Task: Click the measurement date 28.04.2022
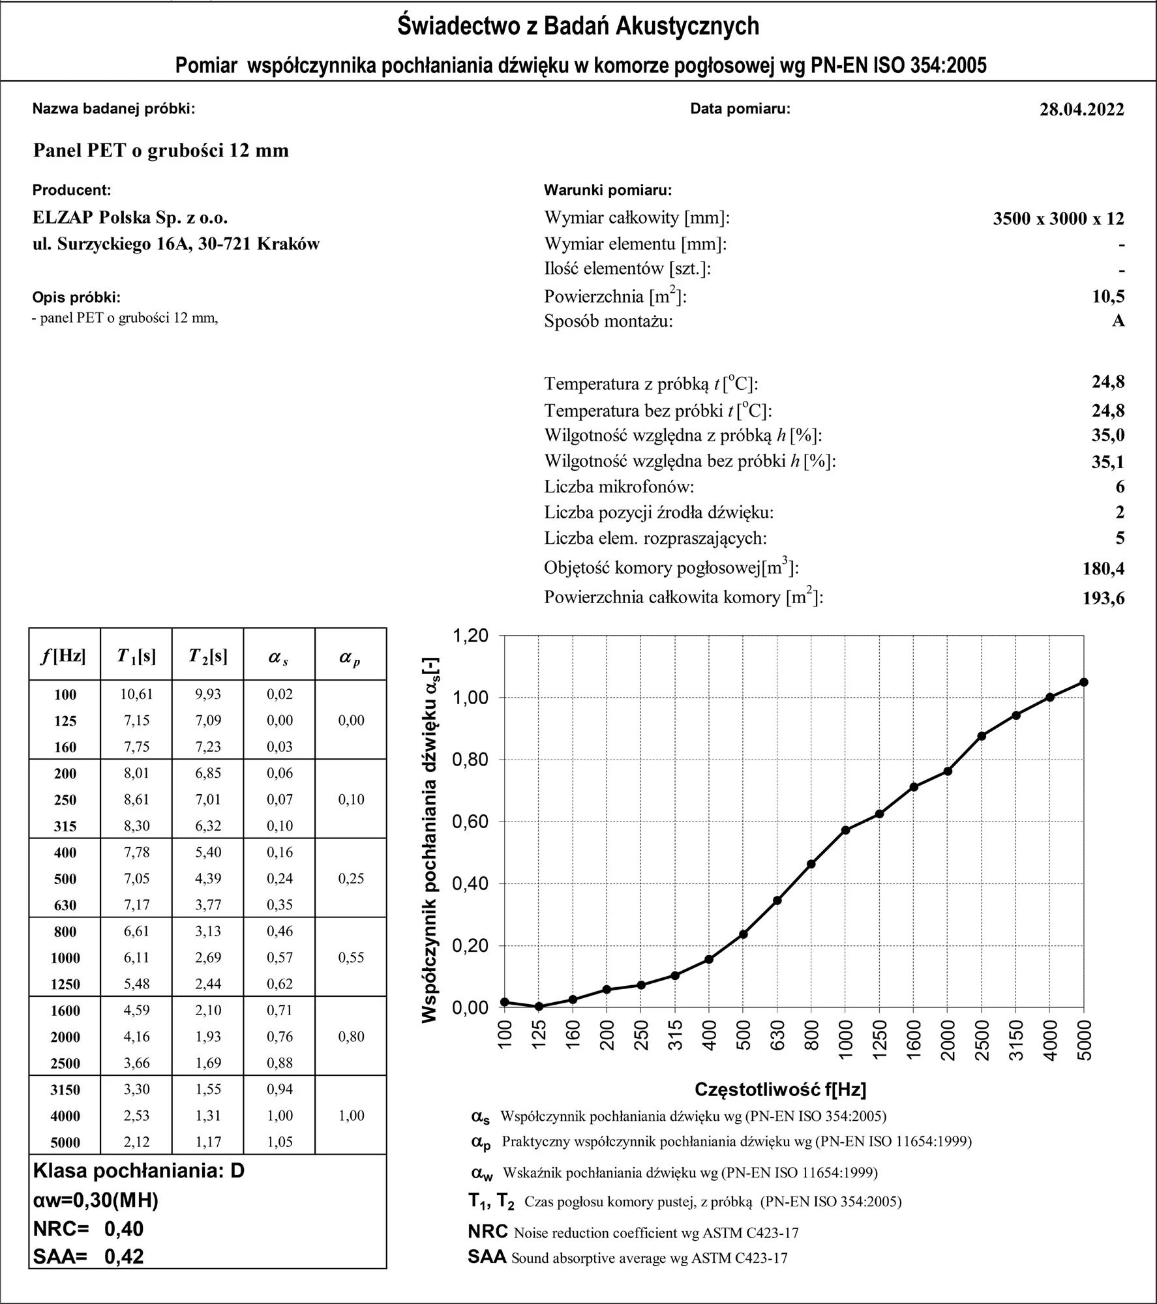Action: [x=1081, y=109]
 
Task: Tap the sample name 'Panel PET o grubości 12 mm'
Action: [x=161, y=151]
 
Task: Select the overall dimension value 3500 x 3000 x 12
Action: [x=1059, y=218]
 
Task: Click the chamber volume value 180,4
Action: [x=1104, y=569]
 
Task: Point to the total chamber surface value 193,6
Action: [x=1104, y=598]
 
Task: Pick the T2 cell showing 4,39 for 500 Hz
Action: [x=208, y=878]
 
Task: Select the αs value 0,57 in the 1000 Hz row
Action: [x=280, y=957]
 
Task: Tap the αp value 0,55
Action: [x=351, y=957]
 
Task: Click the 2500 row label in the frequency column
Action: [x=65, y=1063]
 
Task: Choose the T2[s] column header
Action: [x=208, y=656]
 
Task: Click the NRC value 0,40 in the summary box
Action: [x=124, y=1229]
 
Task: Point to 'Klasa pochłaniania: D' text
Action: [x=138, y=1171]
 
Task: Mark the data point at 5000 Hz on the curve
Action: [x=1083, y=682]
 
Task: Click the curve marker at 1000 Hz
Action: [x=845, y=830]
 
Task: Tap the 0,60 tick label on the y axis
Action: [x=470, y=822]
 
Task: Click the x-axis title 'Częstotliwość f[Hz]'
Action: [x=780, y=1089]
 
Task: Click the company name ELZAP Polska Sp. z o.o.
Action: [x=130, y=217]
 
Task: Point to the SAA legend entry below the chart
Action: [x=627, y=1258]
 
